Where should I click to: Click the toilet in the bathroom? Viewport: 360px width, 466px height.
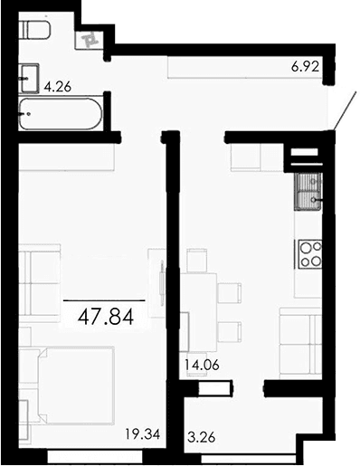(36, 33)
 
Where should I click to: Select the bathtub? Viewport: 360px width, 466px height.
(60, 114)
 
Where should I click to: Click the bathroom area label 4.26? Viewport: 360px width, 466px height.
(57, 88)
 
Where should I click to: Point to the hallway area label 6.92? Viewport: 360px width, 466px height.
(306, 67)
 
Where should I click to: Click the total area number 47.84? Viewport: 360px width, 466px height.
(104, 317)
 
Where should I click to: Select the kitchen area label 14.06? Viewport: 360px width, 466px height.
(202, 366)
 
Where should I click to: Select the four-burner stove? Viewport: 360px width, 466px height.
(309, 252)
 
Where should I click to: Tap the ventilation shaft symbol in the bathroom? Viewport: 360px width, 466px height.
(91, 39)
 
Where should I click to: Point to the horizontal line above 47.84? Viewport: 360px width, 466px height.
(104, 299)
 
